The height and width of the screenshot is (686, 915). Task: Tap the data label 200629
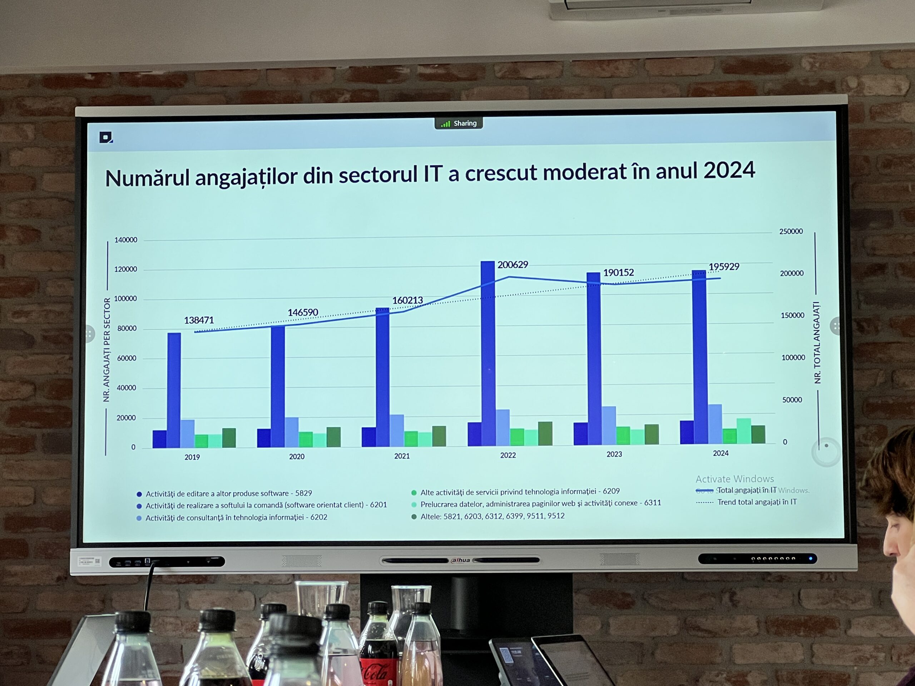coord(513,265)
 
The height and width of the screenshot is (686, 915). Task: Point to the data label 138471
coord(199,320)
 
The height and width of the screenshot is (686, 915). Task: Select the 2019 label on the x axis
coord(192,457)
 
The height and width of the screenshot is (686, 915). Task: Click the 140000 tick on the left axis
coord(126,240)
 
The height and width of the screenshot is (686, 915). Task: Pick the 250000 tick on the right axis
coord(791,232)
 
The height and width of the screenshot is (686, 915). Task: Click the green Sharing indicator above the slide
coord(459,123)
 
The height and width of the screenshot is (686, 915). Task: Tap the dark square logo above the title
coord(106,137)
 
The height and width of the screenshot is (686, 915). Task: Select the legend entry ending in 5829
coord(228,493)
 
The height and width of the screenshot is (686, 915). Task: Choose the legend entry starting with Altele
coord(492,516)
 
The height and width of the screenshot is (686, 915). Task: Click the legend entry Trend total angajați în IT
coord(757,502)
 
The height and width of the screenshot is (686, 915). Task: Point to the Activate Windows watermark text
coord(735,479)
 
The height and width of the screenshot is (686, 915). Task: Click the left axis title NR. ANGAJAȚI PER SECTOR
coord(107,350)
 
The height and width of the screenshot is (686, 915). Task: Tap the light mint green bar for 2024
coord(743,431)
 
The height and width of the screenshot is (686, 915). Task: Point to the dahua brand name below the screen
coord(460,560)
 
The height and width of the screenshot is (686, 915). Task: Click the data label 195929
coord(724,267)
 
